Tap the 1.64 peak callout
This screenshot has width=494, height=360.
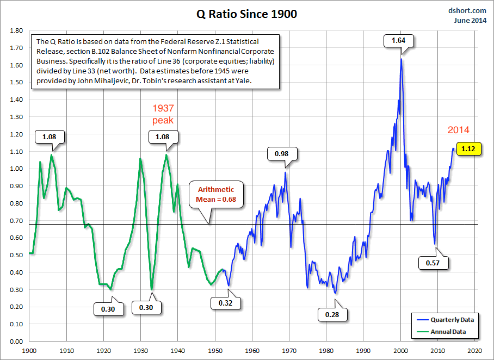tap(399, 40)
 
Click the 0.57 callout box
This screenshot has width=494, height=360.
tap(433, 263)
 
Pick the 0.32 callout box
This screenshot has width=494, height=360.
tap(225, 303)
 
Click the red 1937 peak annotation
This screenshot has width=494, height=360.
tap(163, 114)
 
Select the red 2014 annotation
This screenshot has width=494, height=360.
tap(458, 131)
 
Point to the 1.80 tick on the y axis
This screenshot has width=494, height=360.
tap(16, 31)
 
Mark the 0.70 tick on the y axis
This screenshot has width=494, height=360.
tap(16, 221)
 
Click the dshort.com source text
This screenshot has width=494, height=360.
tap(468, 10)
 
